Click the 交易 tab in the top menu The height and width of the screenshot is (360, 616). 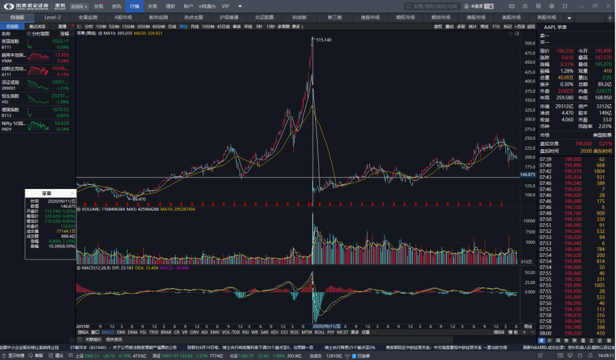pyautogui.click(x=152, y=6)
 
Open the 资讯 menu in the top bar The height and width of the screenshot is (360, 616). pyautogui.click(x=116, y=6)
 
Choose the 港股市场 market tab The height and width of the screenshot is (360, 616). pyautogui.click(x=476, y=17)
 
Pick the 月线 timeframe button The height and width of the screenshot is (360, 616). pyautogui.click(x=194, y=26)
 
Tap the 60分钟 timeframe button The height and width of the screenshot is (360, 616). pyautogui.click(x=159, y=26)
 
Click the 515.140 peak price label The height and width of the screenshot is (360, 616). pyautogui.click(x=324, y=40)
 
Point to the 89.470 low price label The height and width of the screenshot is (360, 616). pyautogui.click(x=138, y=199)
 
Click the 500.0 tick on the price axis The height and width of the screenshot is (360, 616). pyautogui.click(x=529, y=43)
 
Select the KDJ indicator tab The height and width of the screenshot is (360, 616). pyautogui.click(x=275, y=332)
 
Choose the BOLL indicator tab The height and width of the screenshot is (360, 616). pyautogui.click(x=319, y=332)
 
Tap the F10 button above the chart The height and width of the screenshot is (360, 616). pyautogui.click(x=496, y=26)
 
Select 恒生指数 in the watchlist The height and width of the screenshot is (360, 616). pyautogui.click(x=10, y=96)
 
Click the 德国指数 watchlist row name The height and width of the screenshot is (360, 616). pyautogui.click(x=10, y=110)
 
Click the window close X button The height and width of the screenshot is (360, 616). pyautogui.click(x=609, y=5)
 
